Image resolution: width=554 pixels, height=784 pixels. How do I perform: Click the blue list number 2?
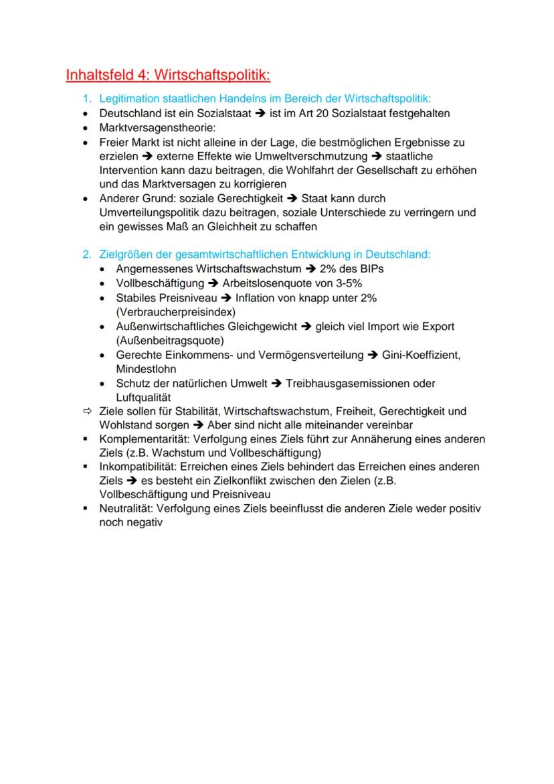click(86, 254)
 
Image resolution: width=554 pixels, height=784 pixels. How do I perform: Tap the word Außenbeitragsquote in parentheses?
click(169, 340)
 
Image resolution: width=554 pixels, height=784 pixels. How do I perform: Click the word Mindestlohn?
click(145, 369)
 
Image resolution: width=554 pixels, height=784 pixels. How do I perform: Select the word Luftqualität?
click(144, 398)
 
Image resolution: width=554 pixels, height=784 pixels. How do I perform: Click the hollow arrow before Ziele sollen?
click(86, 411)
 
